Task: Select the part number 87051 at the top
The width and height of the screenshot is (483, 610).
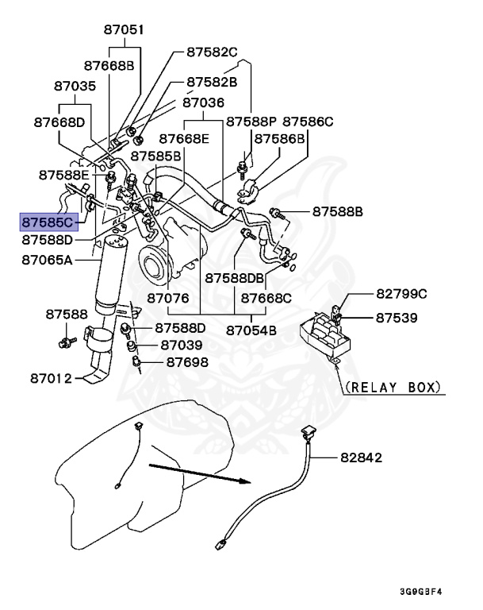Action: click(x=125, y=30)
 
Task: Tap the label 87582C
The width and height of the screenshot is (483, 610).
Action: click(x=213, y=52)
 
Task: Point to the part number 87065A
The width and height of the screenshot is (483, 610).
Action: click(x=47, y=259)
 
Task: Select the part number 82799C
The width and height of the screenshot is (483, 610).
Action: click(x=401, y=294)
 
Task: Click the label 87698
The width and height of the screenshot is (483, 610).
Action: click(x=187, y=362)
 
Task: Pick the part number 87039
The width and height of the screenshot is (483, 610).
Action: click(x=182, y=346)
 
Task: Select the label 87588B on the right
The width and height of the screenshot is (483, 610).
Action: click(x=337, y=212)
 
